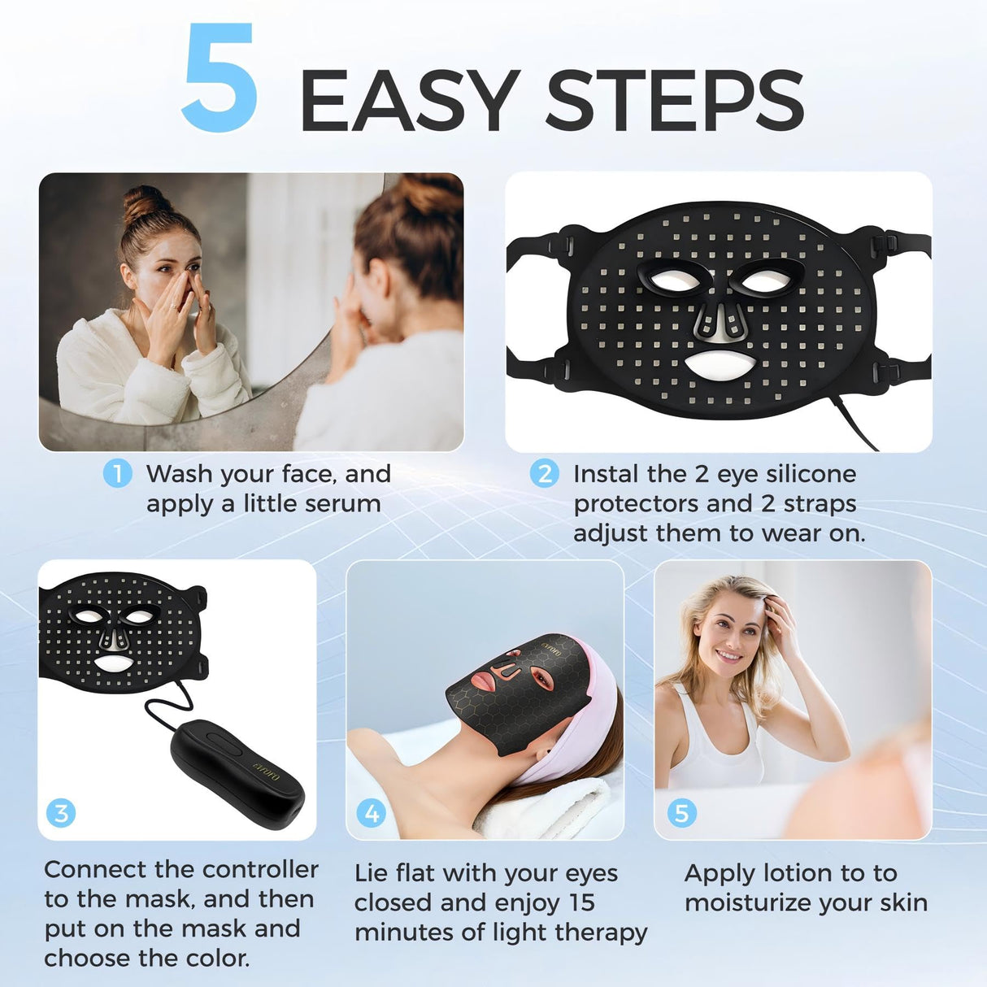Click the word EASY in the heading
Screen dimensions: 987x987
[410, 101]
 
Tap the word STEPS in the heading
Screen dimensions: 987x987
[674, 101]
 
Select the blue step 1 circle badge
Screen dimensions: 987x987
[117, 473]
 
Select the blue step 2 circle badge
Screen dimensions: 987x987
[544, 473]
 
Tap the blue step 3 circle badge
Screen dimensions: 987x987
[61, 812]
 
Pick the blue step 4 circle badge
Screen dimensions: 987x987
[372, 812]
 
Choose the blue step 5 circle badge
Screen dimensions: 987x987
[681, 812]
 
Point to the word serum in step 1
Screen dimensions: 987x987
[344, 503]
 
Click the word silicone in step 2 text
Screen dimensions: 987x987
[811, 473]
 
